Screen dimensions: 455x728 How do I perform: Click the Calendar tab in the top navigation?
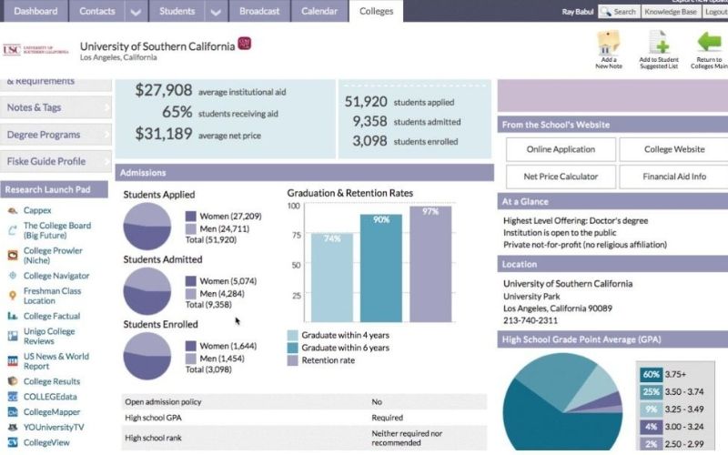click(x=320, y=12)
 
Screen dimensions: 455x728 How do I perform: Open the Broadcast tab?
click(x=260, y=12)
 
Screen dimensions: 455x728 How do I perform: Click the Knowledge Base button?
click(x=670, y=12)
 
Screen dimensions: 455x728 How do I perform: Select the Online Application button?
click(x=555, y=149)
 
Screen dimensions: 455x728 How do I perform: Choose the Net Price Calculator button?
click(x=555, y=177)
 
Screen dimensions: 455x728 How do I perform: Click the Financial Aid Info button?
click(x=674, y=177)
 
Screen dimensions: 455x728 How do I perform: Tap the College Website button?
click(x=674, y=149)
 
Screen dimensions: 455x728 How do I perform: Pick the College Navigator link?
click(x=56, y=276)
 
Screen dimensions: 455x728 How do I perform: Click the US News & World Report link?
click(x=56, y=362)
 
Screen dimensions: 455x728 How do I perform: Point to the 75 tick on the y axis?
click(x=295, y=234)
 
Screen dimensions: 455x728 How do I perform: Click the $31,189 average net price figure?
click(x=164, y=133)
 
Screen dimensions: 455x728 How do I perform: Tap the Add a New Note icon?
click(x=608, y=48)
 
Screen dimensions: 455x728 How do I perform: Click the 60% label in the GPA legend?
click(x=650, y=375)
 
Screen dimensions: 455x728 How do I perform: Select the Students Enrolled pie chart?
click(x=147, y=356)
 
